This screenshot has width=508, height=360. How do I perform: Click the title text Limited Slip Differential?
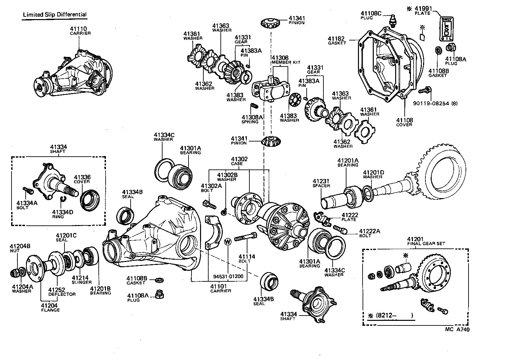click(55, 14)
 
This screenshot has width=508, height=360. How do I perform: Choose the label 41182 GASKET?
click(337, 41)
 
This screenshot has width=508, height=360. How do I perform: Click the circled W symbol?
click(228, 242)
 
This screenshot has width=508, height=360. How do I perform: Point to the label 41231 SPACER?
click(321, 183)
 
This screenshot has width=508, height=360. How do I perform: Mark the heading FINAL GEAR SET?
click(426, 244)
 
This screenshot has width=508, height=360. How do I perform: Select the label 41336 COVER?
click(82, 179)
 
